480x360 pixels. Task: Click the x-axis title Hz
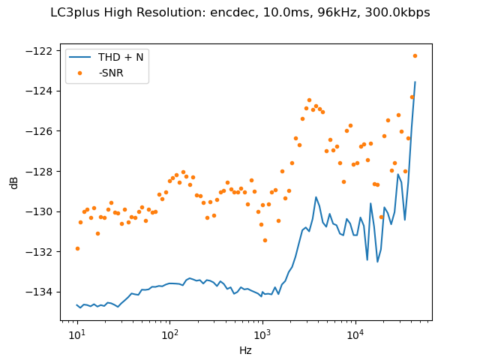245,350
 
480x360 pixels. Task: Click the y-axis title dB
14,182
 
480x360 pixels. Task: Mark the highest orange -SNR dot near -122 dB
415,55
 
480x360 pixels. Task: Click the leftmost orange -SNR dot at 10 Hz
77,248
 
